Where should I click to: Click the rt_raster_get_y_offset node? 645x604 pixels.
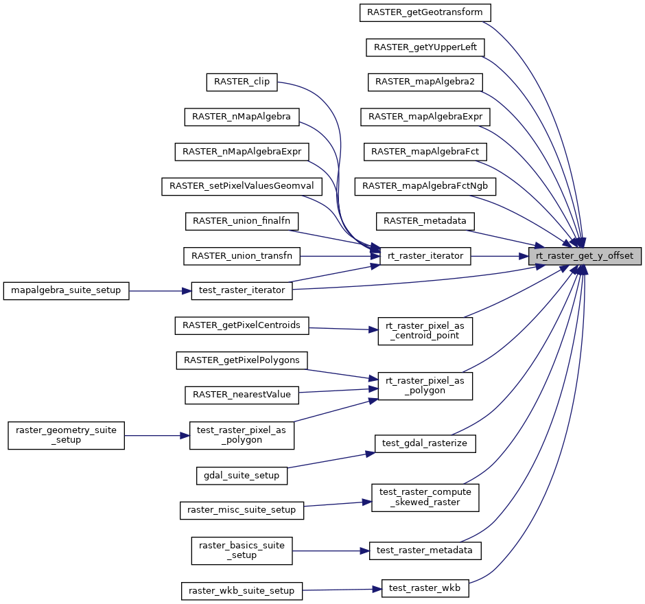point(585,256)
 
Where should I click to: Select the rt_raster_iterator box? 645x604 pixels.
point(425,256)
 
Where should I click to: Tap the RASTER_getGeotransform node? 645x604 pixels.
point(425,12)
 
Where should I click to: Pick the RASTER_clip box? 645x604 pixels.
point(242,82)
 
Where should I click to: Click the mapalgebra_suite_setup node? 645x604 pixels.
point(66,290)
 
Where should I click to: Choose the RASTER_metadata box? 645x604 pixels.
point(425,221)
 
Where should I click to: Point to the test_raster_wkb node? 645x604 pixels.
point(425,588)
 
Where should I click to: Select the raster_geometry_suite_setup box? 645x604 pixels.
point(66,435)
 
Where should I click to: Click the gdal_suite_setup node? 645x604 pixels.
point(242,475)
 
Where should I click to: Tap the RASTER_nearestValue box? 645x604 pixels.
point(242,395)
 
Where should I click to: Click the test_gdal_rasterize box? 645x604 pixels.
point(425,443)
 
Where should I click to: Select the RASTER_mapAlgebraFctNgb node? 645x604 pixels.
point(425,186)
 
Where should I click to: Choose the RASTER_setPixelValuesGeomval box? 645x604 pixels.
point(242,186)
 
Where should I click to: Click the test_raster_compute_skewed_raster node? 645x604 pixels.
point(425,498)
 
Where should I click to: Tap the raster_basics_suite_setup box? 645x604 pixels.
point(242,550)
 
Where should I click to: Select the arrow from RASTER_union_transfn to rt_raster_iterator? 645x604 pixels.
point(336,256)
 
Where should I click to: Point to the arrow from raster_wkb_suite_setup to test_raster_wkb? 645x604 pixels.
point(341,590)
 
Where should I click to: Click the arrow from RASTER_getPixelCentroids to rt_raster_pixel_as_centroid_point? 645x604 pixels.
point(343,328)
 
